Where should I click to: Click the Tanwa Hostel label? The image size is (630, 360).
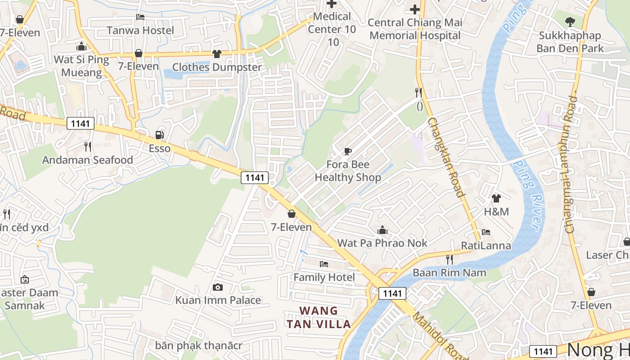(140, 31)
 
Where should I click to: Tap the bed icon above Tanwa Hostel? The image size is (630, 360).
(140, 17)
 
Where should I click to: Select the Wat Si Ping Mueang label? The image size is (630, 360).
(81, 66)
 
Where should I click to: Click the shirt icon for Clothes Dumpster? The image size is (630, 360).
(217, 54)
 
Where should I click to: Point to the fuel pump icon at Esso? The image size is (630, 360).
(159, 135)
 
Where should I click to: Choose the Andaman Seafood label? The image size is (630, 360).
(88, 160)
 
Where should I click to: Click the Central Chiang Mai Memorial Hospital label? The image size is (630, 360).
(414, 29)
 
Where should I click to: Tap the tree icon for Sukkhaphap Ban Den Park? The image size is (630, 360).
(570, 21)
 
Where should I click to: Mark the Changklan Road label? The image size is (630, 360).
(445, 157)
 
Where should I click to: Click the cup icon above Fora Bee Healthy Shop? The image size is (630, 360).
(347, 151)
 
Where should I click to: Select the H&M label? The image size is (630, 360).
(496, 211)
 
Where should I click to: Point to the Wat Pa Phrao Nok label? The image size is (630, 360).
(382, 243)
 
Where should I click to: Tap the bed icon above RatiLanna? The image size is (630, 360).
(486, 232)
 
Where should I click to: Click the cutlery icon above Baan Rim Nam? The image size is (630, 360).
(449, 259)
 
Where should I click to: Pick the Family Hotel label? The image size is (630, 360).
(324, 277)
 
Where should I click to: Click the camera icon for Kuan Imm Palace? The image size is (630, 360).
(218, 287)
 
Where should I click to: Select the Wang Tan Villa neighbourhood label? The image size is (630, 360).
(319, 317)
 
